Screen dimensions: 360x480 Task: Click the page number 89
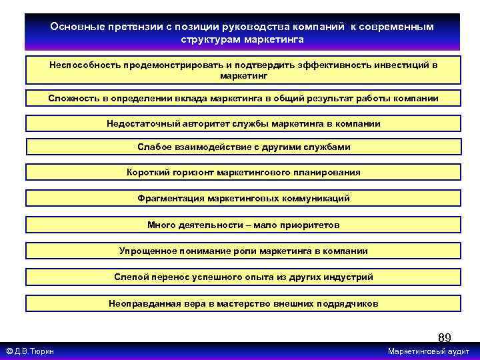[445, 337]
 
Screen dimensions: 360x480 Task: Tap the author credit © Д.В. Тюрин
[30, 351]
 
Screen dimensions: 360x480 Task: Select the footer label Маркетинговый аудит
[428, 351]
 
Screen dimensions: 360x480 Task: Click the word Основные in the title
[73, 27]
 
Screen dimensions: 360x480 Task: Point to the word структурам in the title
[205, 39]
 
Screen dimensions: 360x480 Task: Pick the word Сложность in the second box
[72, 99]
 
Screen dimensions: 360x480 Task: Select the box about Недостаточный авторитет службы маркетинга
[243, 123]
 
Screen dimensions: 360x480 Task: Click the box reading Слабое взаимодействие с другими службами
[243, 147]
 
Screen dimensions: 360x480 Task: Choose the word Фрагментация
[171, 198]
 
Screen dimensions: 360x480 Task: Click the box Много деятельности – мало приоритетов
[243, 225]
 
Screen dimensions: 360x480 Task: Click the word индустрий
[350, 277]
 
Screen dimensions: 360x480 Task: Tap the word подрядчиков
[347, 303]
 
